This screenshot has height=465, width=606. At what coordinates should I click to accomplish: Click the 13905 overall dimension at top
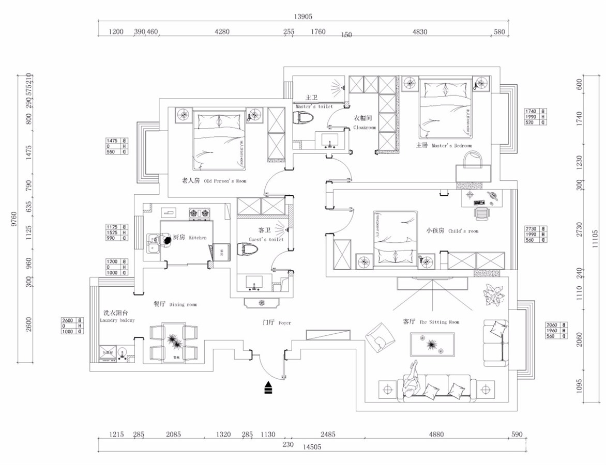(x=303, y=17)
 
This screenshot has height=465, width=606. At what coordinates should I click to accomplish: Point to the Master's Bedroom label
(x=444, y=146)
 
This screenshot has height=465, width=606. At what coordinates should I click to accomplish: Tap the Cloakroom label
(x=364, y=123)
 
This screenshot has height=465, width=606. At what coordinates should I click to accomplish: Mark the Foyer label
(x=277, y=323)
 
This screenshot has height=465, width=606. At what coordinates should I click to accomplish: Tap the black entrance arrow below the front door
(x=268, y=388)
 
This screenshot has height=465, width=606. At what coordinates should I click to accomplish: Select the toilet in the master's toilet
(x=304, y=117)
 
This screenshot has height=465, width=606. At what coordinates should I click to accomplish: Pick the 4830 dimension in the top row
(x=419, y=32)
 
